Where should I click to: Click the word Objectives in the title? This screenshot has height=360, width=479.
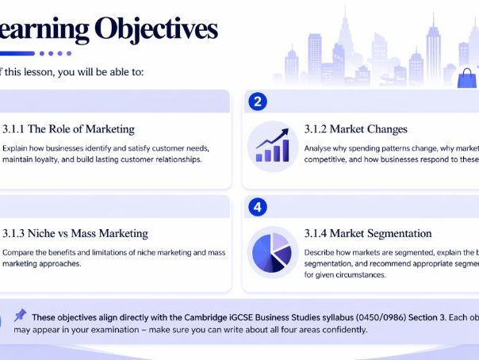point(155,29)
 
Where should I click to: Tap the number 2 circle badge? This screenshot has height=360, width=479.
point(257,101)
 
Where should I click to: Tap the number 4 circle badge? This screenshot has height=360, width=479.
point(257,207)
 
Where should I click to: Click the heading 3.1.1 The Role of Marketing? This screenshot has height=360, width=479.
point(68,129)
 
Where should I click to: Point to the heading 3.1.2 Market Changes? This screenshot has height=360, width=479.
point(356,129)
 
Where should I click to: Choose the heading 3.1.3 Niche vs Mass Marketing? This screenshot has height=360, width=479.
point(75,233)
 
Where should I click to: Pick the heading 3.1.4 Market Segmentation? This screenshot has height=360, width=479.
point(368,233)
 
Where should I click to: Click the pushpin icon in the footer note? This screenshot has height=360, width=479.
point(20,315)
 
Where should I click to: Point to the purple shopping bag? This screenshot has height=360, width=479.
point(466,76)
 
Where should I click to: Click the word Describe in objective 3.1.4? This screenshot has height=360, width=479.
point(322,252)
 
